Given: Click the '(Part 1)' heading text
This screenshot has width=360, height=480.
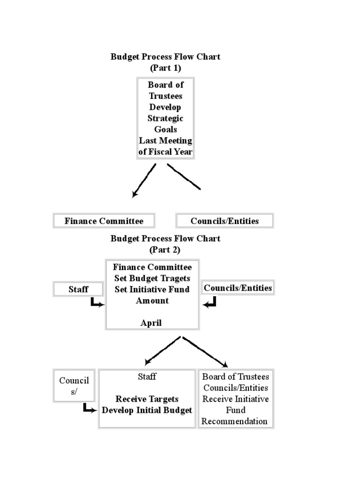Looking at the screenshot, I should point(165,68).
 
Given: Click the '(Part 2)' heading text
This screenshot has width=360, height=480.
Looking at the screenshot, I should point(165,250).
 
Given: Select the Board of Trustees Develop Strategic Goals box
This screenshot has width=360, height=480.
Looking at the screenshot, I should point(165,118).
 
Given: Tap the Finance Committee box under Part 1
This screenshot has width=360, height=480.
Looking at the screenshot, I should point(104,221).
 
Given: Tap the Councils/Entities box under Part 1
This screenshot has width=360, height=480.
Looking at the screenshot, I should point(225,221).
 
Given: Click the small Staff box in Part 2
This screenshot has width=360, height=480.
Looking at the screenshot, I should point(78,290).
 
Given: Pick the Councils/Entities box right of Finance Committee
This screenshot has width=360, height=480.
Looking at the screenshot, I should point(238,288).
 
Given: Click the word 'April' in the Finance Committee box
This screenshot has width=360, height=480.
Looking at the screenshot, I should point(151,323).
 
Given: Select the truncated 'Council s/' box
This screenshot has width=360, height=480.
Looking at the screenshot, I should point(74,386).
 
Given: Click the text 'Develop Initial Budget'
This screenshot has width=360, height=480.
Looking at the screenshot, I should point(147,410).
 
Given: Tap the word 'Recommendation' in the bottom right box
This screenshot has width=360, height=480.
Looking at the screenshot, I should point(234,421).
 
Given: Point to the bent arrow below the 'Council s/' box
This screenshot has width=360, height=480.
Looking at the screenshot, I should point(90,409).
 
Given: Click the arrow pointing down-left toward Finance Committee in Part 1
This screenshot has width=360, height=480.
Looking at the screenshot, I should point(144,180).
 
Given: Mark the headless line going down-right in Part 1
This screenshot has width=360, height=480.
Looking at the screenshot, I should point(184,177).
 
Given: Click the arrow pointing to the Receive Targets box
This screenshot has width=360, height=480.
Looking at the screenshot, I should point(162,351).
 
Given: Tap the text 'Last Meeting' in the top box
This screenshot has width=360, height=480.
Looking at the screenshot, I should point(165,141).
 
